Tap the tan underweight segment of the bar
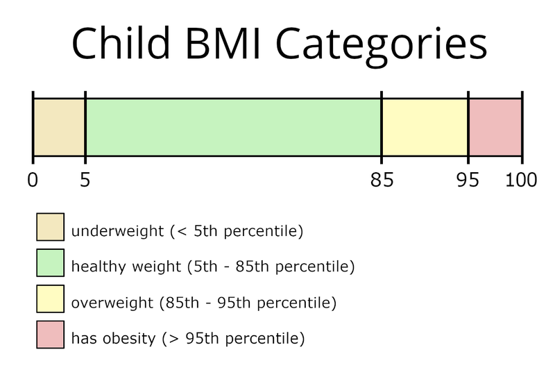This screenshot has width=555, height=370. pos(59,128)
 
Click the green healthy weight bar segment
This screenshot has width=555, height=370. pos(233,128)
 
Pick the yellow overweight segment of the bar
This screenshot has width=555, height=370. pos(425,128)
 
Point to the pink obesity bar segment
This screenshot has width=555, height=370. pos(495,128)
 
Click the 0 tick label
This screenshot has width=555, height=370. pos(33,180)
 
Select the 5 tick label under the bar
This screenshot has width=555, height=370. pos(85,180)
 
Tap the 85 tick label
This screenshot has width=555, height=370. pos(382,180)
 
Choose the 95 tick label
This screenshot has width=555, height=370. pos(468,180)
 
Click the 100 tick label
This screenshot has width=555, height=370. pos(521,180)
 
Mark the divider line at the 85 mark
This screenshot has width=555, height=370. pos(382,128)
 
